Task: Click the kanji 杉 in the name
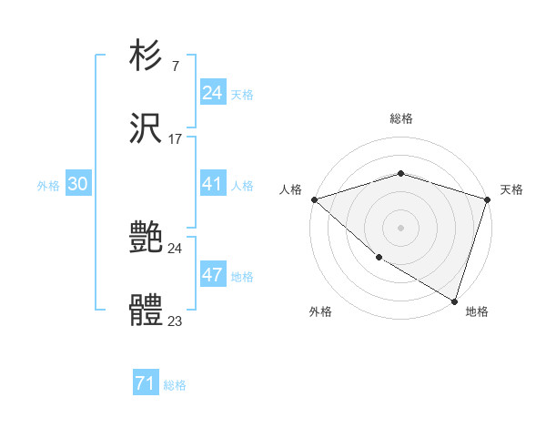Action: coord(147,56)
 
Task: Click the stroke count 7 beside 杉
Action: coord(175,66)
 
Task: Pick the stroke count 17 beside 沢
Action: coord(176,139)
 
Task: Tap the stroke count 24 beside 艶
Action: coord(176,248)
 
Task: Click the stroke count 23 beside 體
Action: coord(176,321)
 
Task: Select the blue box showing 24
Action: coord(213,93)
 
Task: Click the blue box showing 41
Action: coord(213,184)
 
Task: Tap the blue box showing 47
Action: coord(213,275)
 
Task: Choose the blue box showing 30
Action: coord(78,184)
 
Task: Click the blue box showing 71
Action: coord(146,384)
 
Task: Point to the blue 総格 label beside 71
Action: coord(175,385)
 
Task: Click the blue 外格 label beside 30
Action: coord(48,185)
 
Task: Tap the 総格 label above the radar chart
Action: coord(401,118)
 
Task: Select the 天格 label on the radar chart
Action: coord(511,189)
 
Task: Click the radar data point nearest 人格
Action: coord(314,199)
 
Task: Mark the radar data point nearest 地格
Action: coord(454,301)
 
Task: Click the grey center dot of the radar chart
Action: coord(401,227)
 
